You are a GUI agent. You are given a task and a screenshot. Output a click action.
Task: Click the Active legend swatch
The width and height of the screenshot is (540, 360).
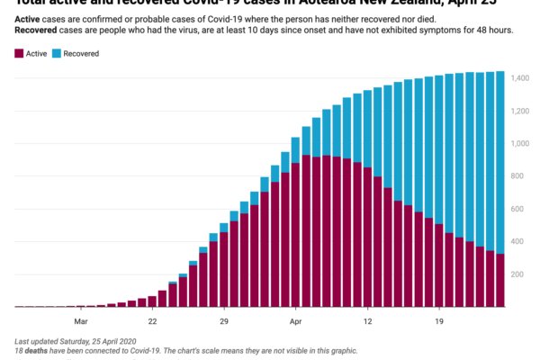[x=21, y=54]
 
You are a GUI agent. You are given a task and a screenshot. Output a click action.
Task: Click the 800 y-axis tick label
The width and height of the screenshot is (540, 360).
[x=523, y=177]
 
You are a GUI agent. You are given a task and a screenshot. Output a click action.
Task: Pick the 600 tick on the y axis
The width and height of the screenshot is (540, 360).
[x=523, y=210]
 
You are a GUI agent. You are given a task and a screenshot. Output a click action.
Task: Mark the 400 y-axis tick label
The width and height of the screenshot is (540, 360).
[x=523, y=242]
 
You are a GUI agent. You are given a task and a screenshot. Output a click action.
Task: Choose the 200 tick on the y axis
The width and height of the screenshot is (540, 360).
[x=523, y=274]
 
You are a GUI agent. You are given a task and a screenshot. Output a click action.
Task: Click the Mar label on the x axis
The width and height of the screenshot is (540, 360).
[x=80, y=320]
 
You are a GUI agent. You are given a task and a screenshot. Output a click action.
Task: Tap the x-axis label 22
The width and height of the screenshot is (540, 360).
[x=152, y=320]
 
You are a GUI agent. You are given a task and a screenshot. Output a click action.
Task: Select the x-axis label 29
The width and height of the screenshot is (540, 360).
[x=224, y=320]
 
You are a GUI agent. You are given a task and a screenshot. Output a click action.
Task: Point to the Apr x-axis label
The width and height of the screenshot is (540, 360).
[x=295, y=320]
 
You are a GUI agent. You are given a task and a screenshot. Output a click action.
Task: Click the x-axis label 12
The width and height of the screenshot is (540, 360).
[x=367, y=320]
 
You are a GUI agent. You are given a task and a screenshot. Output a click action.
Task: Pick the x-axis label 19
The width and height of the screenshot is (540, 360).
[x=439, y=320]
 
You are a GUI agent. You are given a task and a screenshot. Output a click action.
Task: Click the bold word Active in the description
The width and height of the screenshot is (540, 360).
[x=31, y=19]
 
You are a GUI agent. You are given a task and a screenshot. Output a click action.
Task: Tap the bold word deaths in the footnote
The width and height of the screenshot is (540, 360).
[x=38, y=351]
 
